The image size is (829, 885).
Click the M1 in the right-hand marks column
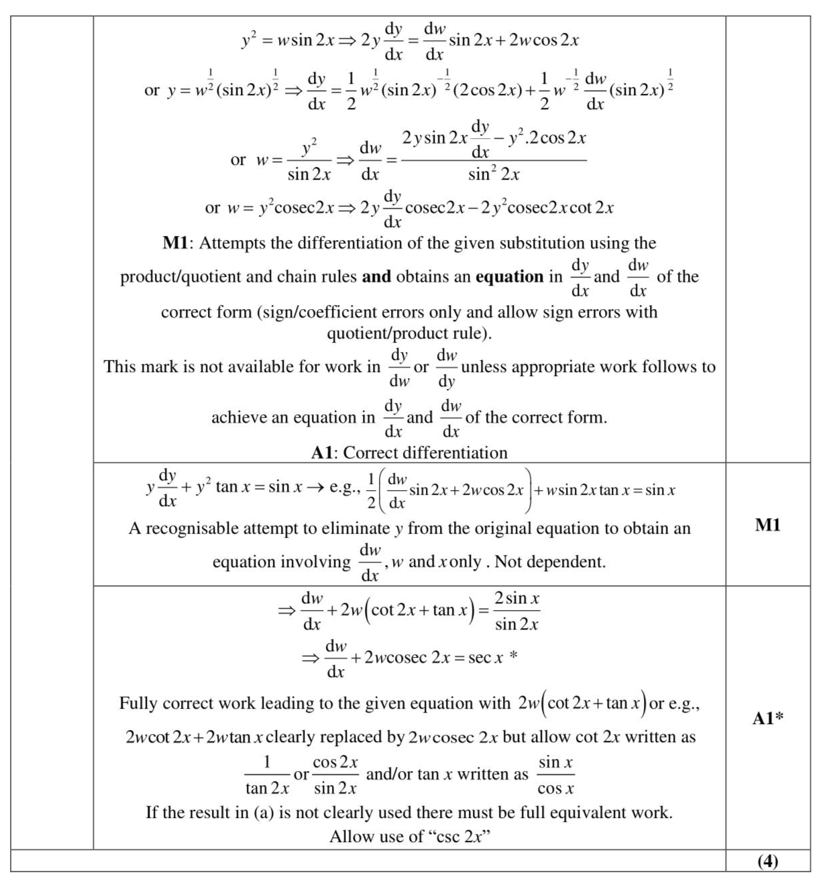click(x=767, y=525)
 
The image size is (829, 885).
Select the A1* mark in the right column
click(x=768, y=719)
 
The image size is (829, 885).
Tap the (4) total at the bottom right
click(x=767, y=862)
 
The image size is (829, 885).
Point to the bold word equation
click(x=509, y=277)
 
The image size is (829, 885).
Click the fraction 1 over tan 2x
click(x=267, y=775)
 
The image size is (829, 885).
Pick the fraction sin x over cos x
click(x=556, y=775)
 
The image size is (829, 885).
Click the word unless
click(x=484, y=367)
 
